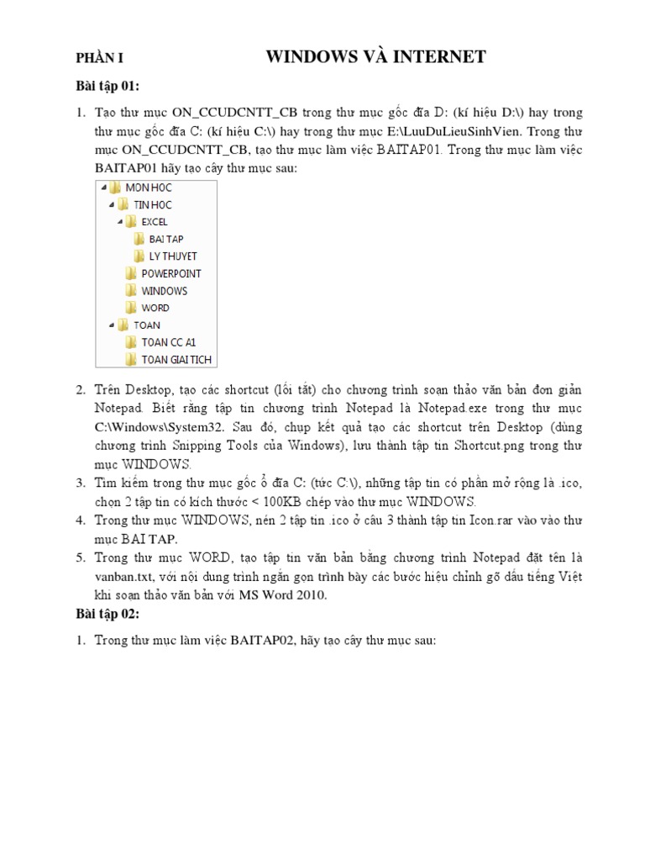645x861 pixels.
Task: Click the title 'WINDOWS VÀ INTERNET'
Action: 375,57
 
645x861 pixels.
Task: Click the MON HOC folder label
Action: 148,188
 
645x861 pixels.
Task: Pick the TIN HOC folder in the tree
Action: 153,204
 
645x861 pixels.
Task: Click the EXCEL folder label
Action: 155,222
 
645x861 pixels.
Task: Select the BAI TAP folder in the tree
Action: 166,239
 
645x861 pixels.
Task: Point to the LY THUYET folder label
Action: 173,256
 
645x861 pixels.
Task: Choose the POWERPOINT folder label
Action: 171,273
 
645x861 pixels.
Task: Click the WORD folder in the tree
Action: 155,308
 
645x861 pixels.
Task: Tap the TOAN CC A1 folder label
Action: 168,342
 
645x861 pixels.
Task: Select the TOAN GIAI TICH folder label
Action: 176,360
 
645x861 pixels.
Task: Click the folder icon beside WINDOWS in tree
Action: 130,291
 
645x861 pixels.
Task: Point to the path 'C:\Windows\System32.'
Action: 154,427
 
